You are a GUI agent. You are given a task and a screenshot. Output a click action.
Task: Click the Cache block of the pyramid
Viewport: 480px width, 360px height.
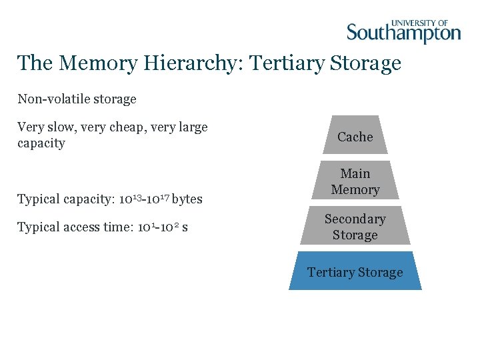[x=355, y=137]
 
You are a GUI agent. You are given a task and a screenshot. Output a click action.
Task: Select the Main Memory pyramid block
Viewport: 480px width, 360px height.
[x=355, y=181]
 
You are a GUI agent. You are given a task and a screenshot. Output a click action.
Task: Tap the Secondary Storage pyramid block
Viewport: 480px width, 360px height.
[x=355, y=227]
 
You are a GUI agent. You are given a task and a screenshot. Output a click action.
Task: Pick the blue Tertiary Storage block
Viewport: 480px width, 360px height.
[x=355, y=272]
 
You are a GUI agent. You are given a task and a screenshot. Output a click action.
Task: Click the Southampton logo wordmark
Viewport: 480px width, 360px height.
[x=403, y=33]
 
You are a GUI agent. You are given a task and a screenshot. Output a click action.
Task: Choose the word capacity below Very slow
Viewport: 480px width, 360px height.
[x=41, y=143]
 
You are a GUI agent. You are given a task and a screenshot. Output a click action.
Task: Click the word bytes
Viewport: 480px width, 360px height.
[x=187, y=199]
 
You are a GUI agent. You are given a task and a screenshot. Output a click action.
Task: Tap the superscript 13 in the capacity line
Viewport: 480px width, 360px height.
[x=132, y=196]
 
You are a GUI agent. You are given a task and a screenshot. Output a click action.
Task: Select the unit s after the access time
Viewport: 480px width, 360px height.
[x=185, y=228]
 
